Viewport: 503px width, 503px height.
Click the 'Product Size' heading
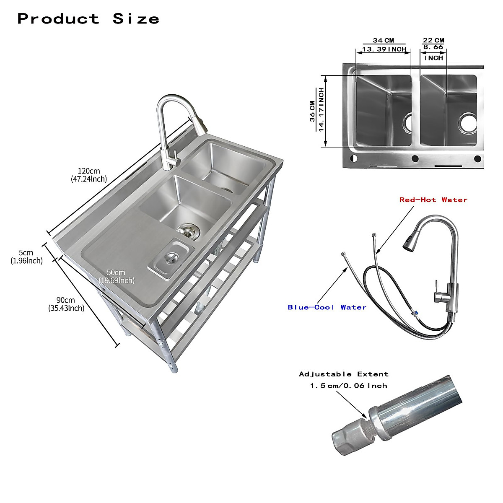[x=88, y=19]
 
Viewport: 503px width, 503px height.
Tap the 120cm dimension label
[x=89, y=175]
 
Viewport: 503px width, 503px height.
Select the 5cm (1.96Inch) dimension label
[x=26, y=257]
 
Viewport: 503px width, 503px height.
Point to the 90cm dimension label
[x=66, y=304]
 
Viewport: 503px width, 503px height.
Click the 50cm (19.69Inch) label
[x=116, y=277]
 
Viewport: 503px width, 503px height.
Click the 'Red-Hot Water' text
[x=433, y=200]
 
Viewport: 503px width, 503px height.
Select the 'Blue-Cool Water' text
[x=327, y=307]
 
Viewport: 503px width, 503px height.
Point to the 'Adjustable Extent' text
[x=344, y=374]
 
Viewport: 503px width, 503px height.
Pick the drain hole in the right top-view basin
[x=467, y=122]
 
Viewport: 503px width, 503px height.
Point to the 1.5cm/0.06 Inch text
[x=348, y=386]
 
